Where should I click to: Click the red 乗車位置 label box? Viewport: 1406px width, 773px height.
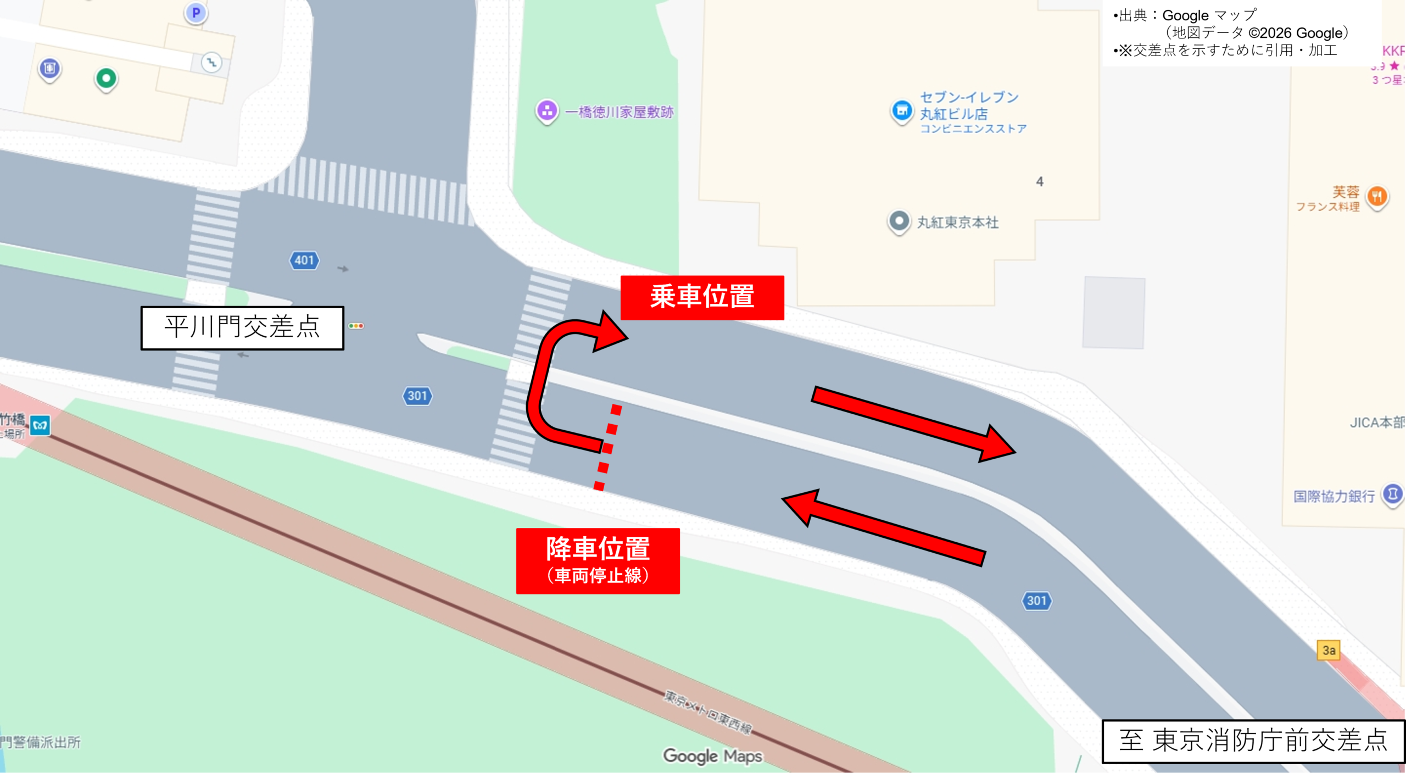702,297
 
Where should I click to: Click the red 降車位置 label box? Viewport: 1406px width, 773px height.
598,560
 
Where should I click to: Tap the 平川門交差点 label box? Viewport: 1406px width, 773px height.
242,327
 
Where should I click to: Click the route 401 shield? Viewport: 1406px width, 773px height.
304,260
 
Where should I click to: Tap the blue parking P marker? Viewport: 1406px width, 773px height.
196,13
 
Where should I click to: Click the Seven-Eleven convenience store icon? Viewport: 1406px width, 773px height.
901,111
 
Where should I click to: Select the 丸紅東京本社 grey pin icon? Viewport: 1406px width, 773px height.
899,221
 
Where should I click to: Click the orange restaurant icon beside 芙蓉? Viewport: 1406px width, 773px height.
1377,197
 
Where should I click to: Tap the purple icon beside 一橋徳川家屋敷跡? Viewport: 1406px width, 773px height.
546,111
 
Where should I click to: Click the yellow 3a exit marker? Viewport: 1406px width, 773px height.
1329,650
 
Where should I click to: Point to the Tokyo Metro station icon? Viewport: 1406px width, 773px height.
40,425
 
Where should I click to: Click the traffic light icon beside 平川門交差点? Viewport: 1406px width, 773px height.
356,326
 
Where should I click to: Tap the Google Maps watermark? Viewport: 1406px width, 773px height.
712,756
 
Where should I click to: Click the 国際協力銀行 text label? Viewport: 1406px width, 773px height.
1334,496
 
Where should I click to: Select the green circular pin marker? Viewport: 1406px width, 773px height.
106,79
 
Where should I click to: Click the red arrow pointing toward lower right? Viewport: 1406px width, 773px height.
912,423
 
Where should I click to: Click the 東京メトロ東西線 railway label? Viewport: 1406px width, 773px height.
708,712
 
